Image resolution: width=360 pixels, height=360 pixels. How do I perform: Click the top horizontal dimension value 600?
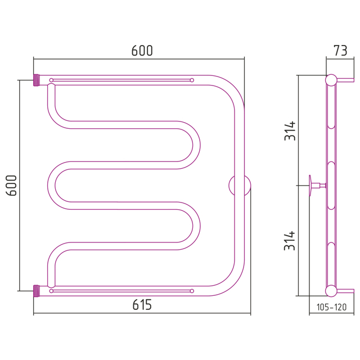142,51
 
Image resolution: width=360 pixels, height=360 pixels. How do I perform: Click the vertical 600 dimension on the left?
11,185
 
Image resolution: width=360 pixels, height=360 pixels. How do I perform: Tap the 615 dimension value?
142,305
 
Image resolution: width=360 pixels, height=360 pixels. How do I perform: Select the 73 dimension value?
340,51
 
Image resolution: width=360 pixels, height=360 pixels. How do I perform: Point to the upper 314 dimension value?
290,130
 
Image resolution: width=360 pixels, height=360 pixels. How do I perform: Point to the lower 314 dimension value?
290,241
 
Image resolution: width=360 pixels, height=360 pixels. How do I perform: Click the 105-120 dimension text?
331,307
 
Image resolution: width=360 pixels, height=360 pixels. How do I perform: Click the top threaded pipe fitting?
37,80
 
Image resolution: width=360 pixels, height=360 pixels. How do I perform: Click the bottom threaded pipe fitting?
37,291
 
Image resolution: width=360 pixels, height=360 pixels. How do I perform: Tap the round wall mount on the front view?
240,186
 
